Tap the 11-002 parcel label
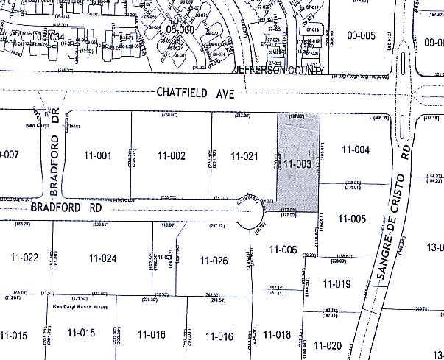coord(171,155)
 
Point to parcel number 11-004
coord(355,150)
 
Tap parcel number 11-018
coord(278,334)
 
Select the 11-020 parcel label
coord(328,345)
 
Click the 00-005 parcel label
coord(362,35)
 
